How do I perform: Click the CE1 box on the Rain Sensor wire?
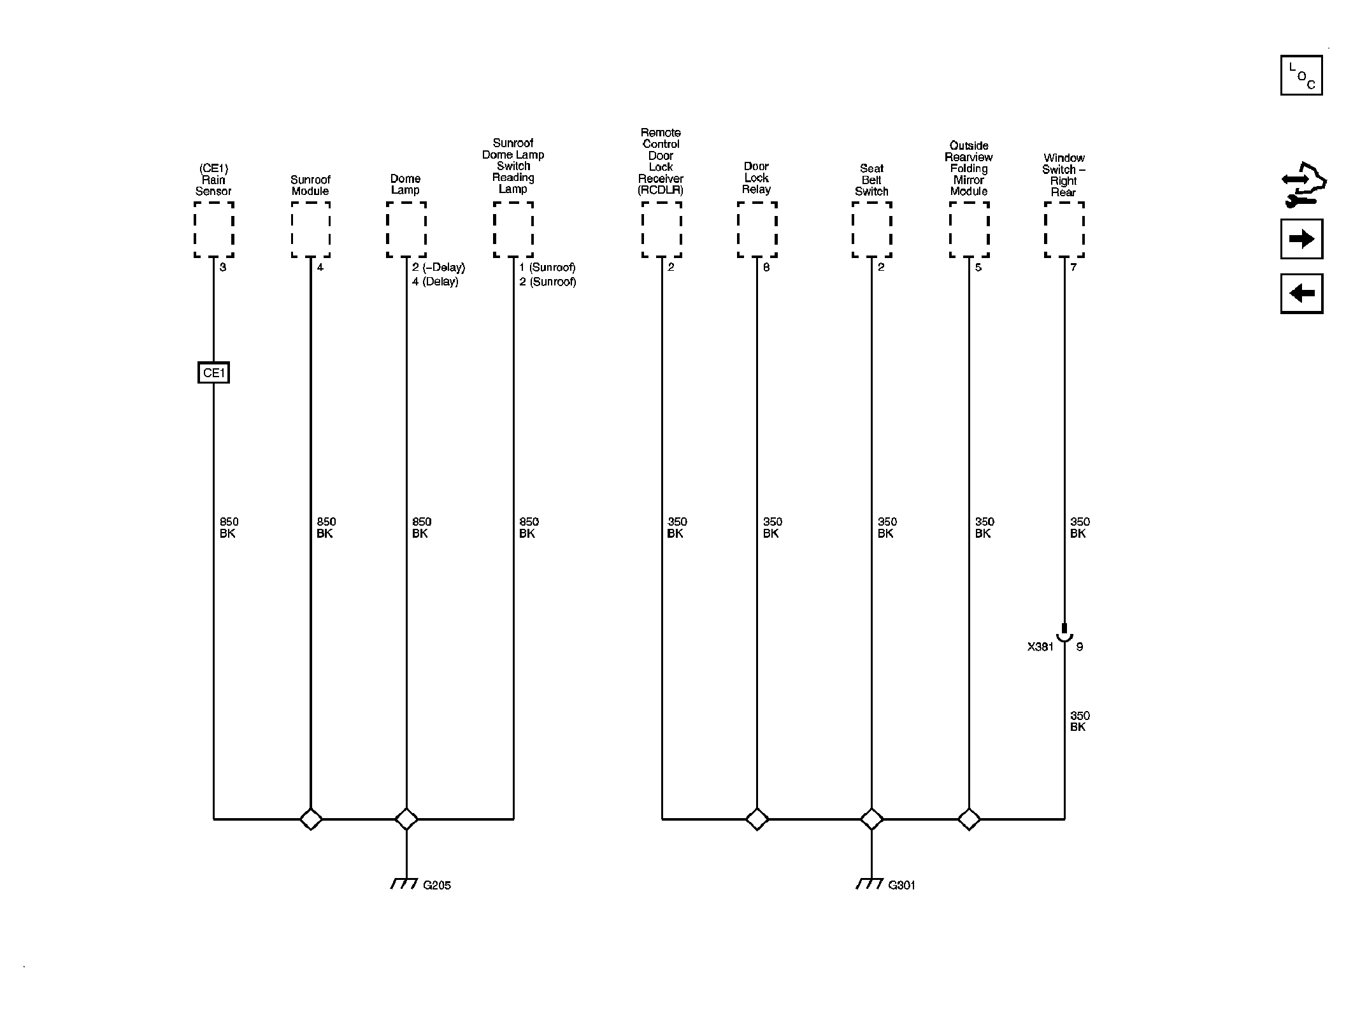(x=213, y=373)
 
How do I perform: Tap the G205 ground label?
(x=437, y=885)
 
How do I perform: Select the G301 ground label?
(x=901, y=885)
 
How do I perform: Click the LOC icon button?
(x=1301, y=75)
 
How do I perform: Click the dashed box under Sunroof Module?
(x=311, y=230)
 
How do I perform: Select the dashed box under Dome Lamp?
(x=406, y=230)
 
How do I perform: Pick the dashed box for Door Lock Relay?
(x=757, y=230)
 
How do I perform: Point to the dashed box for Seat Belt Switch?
(x=872, y=230)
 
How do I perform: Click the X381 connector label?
(x=1040, y=647)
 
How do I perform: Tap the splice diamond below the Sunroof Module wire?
(x=311, y=819)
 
